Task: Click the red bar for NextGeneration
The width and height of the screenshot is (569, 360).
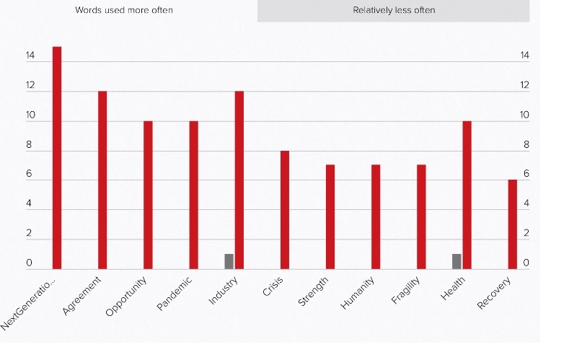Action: click(57, 157)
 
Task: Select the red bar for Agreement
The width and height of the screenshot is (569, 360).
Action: click(102, 180)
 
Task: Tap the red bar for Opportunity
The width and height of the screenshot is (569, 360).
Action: click(148, 195)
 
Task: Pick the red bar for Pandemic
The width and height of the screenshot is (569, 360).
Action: click(193, 195)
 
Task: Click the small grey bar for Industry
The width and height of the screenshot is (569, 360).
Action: click(229, 261)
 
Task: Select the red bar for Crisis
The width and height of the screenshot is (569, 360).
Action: click(285, 209)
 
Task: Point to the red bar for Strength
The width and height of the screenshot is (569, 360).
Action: click(330, 216)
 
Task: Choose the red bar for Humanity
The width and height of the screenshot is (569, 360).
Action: click(376, 216)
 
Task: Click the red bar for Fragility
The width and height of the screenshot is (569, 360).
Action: click(421, 216)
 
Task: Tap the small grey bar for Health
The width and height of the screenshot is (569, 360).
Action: click(456, 261)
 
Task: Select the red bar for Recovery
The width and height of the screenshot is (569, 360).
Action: click(512, 224)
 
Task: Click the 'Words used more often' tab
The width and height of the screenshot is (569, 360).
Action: click(124, 10)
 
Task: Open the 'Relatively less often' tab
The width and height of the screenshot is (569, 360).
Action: click(394, 10)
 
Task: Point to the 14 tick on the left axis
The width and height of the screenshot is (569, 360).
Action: click(30, 56)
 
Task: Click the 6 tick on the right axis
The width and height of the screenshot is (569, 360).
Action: click(526, 174)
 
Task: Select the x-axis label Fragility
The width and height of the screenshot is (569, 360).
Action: click(405, 290)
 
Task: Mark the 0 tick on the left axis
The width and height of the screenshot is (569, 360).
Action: click(30, 263)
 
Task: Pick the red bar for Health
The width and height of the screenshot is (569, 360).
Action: click(467, 195)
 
